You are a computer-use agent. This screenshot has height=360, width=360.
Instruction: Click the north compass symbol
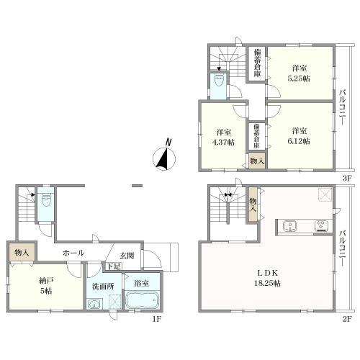[x=165, y=156]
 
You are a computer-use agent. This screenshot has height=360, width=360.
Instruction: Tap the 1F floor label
[x=156, y=319]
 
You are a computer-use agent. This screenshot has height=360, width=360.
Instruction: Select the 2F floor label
[x=347, y=319]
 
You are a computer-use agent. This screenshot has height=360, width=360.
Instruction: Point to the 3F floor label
[x=347, y=179]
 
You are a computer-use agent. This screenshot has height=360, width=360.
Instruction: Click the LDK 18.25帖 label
[x=267, y=278]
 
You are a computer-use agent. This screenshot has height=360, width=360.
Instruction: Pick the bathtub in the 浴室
[x=142, y=300]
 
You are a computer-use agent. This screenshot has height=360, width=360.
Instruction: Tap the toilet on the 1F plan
[x=45, y=201]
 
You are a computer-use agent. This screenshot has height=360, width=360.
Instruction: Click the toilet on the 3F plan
[x=218, y=80]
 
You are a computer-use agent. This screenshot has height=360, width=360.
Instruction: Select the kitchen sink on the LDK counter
[x=290, y=226]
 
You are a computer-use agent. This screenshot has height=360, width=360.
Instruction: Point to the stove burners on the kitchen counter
[x=321, y=225]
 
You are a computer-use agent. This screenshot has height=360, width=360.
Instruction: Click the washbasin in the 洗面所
[x=95, y=305]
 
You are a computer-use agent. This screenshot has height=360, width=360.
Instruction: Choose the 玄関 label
[x=127, y=256]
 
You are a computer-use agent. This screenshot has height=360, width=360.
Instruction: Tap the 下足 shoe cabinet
[x=114, y=266]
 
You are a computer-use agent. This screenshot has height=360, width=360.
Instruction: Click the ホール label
[x=73, y=253]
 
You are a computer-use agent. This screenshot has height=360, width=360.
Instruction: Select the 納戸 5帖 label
[x=46, y=285]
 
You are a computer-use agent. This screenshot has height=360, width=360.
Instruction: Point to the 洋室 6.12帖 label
[x=299, y=136]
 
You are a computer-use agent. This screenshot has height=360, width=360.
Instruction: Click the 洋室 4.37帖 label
[x=223, y=137]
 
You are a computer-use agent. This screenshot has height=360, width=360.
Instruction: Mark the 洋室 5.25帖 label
[x=299, y=73]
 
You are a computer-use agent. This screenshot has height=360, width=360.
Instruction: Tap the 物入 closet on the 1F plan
[x=22, y=252]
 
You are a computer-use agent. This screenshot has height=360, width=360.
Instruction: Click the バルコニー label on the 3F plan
[x=343, y=107]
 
